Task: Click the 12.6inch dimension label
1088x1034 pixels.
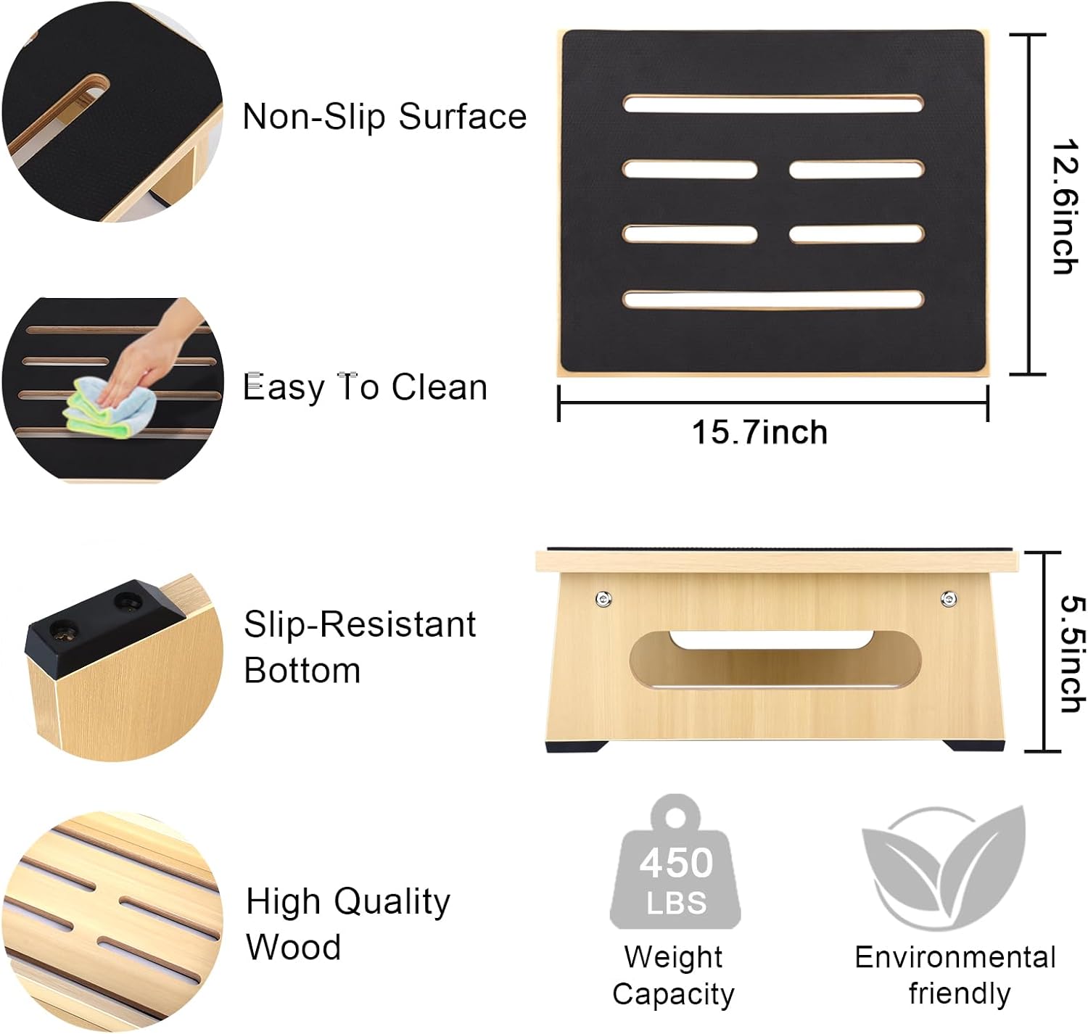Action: pyautogui.click(x=1064, y=206)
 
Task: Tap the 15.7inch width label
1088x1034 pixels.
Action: pyautogui.click(x=759, y=433)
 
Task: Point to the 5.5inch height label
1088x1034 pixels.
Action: pyautogui.click(x=1073, y=653)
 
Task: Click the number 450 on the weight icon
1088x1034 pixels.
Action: pyautogui.click(x=676, y=862)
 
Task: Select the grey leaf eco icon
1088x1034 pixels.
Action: pyautogui.click(x=944, y=869)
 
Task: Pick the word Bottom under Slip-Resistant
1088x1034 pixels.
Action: pyautogui.click(x=302, y=671)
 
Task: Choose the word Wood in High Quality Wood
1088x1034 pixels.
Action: pyautogui.click(x=293, y=946)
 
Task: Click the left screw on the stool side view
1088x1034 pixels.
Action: pyautogui.click(x=603, y=599)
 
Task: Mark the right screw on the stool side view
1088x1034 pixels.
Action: pyautogui.click(x=949, y=598)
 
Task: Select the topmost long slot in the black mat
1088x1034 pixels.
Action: pyautogui.click(x=773, y=104)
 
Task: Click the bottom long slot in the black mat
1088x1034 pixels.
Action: pyautogui.click(x=773, y=299)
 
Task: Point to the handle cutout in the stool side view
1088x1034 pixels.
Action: pyautogui.click(x=775, y=658)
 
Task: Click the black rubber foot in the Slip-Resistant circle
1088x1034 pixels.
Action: pyautogui.click(x=102, y=626)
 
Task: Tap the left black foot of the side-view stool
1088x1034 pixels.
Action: pyautogui.click(x=575, y=746)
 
